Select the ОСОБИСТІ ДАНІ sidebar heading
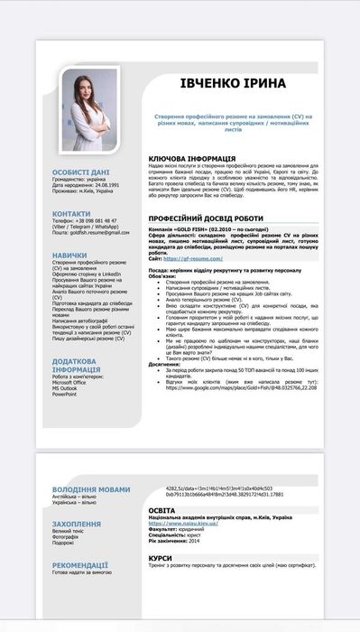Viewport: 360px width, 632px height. coord(81,172)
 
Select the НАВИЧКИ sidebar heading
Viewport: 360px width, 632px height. coord(69,256)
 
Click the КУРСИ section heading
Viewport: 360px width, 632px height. coord(161,557)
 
